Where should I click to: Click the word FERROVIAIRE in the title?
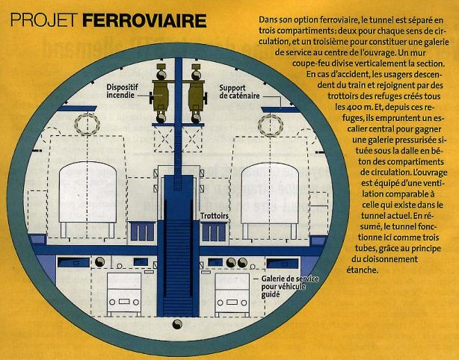pyautogui.click(x=144, y=21)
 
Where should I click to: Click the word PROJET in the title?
pyautogui.click(x=44, y=21)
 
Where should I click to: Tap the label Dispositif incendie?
pyautogui.click(x=122, y=91)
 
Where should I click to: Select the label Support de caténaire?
pyautogui.click(x=239, y=92)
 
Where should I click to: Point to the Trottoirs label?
pyautogui.click(x=215, y=216)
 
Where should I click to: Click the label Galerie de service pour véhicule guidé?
pyautogui.click(x=290, y=287)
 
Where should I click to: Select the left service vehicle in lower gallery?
pyautogui.click(x=124, y=294)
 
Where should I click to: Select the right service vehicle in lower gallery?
pyautogui.click(x=232, y=295)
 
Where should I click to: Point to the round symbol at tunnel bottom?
pyautogui.click(x=177, y=324)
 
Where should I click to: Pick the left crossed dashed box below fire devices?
pyautogui.click(x=164, y=140)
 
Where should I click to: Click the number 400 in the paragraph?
pyautogui.click(x=355, y=107)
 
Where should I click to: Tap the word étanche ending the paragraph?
pyautogui.click(x=362, y=270)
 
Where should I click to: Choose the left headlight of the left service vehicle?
pyautogui.click(x=112, y=302)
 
